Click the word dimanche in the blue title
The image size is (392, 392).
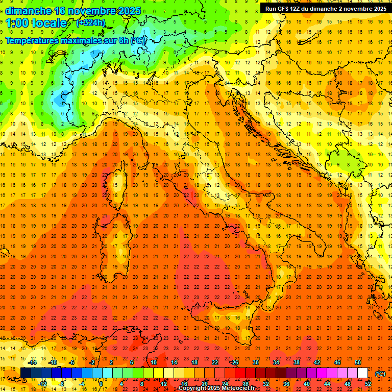tap(28, 11)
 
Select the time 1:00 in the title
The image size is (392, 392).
tap(17, 23)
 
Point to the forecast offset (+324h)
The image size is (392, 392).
tap(90, 23)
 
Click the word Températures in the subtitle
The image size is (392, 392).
tap(34, 40)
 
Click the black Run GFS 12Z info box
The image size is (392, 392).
tap(325, 8)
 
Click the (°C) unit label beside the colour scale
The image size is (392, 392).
tap(380, 374)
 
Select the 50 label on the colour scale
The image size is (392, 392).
tap(358, 362)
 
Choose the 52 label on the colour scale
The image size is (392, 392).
tap(368, 384)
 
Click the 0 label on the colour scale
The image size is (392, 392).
tap(102, 384)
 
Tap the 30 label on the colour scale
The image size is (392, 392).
tap(255, 362)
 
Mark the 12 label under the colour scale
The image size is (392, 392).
tap(164, 384)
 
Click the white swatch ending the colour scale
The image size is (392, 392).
tap(362, 373)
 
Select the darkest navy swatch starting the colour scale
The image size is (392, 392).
tap(26, 373)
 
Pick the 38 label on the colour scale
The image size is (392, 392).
tap(296, 362)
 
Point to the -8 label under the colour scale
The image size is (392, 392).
tap(62, 384)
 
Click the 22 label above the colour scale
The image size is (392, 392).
tap(215, 362)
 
